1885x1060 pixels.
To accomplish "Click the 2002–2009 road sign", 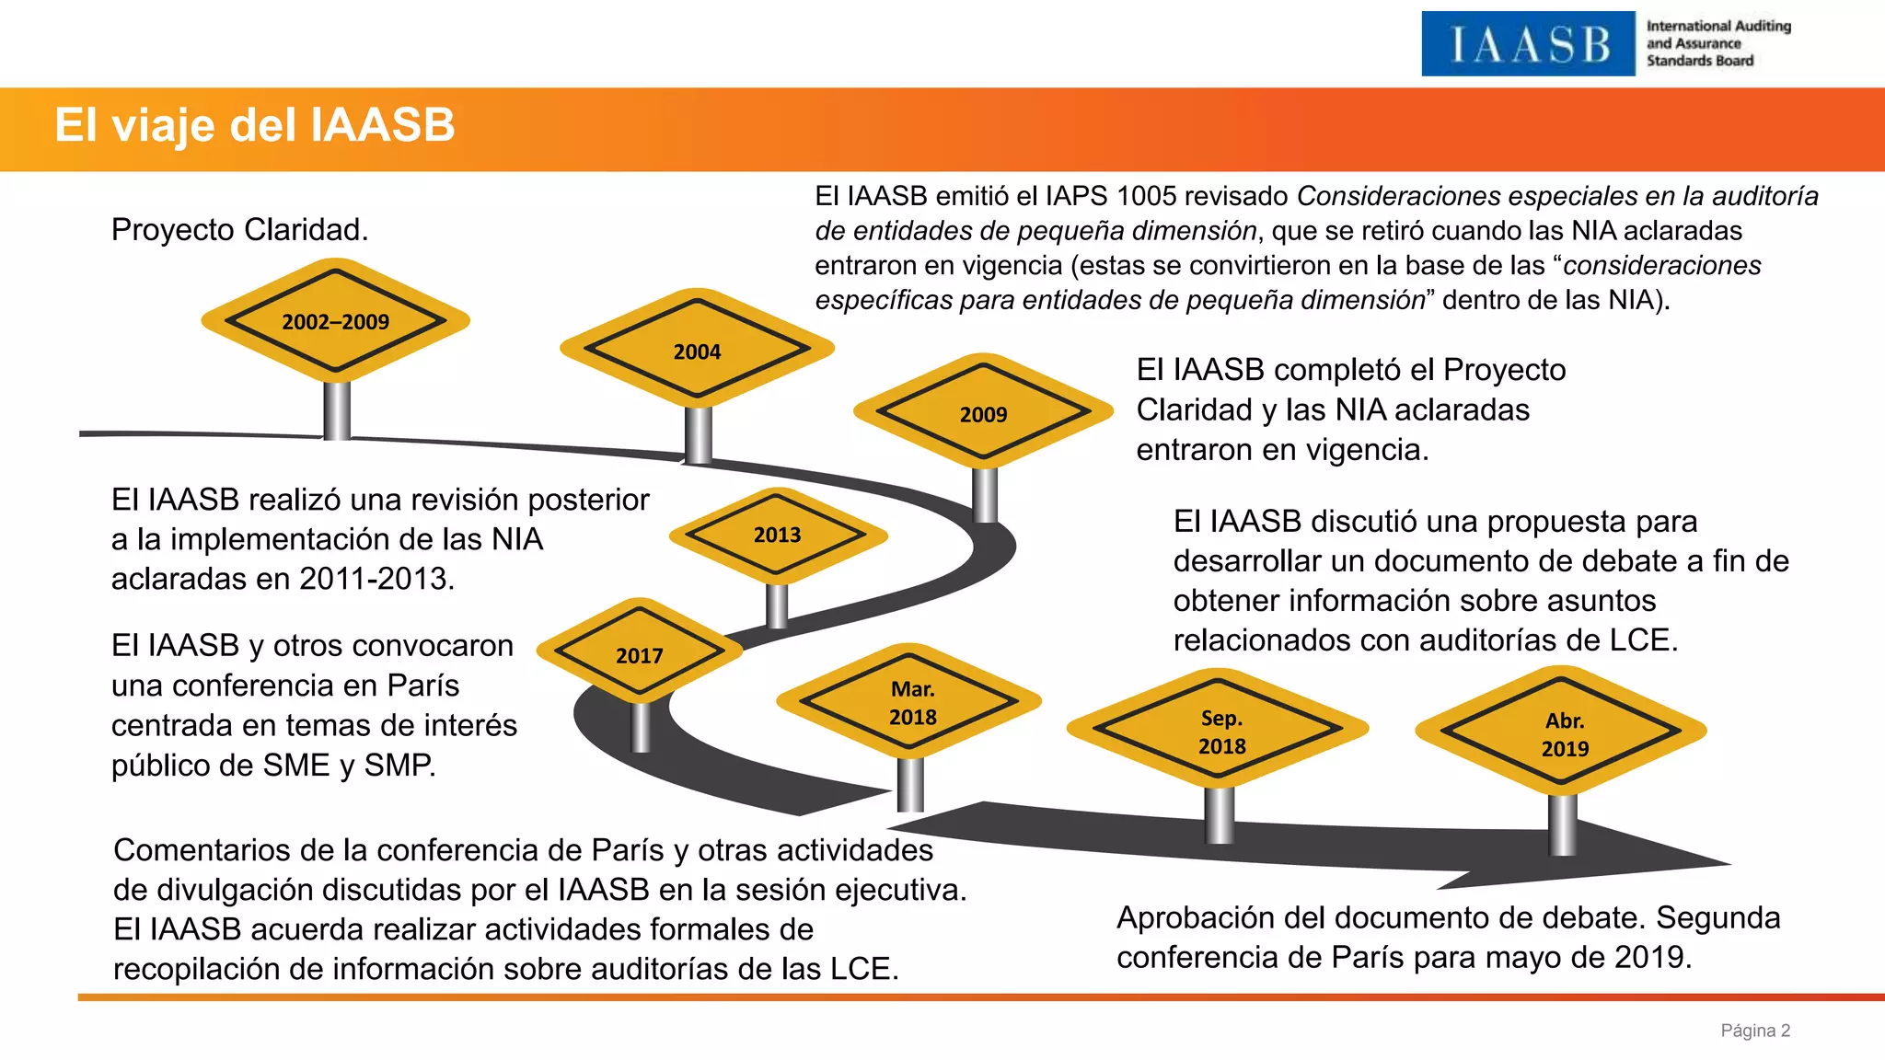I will tap(336, 321).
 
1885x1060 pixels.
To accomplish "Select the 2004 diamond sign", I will tap(697, 351).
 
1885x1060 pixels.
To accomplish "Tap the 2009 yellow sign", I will tap(983, 414).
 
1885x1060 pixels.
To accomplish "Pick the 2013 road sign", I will tap(777, 535).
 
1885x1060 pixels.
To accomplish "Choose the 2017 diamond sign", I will tap(639, 655).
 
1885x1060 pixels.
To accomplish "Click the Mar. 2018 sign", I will tap(912, 702).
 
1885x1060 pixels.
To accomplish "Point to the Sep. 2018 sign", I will tap(1220, 732).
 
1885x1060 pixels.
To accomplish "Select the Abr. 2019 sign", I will tap(1564, 733).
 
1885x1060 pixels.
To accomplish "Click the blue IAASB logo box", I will tap(1528, 44).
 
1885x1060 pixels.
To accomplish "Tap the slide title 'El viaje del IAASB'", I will tap(255, 125).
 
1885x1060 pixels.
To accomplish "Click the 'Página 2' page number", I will tap(1755, 1031).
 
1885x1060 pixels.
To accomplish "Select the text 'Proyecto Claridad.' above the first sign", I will tap(239, 230).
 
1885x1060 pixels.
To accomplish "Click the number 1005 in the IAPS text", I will tap(1146, 196).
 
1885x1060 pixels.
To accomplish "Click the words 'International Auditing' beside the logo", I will tap(1718, 26).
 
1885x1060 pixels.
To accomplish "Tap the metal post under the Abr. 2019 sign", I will tap(1563, 824).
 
